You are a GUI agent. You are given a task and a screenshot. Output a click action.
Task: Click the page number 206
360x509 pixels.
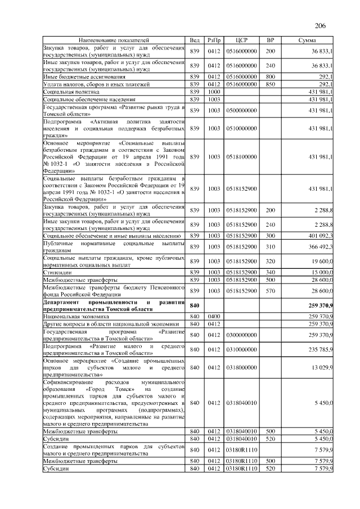pos(321,25)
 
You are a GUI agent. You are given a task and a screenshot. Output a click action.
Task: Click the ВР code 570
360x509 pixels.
pos(270,290)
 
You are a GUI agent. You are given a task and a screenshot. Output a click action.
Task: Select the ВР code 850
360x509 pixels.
pos(270,84)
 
